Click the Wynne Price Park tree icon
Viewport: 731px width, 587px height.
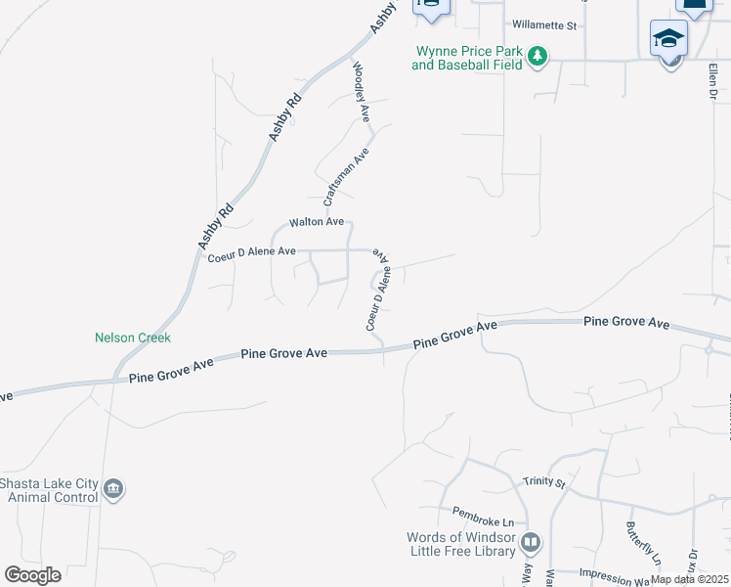[537, 58]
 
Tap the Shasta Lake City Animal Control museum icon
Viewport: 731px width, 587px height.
[113, 489]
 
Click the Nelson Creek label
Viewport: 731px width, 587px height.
[133, 338]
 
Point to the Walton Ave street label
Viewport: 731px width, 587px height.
[317, 223]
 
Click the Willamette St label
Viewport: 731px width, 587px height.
[544, 25]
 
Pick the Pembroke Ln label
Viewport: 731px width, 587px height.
[481, 514]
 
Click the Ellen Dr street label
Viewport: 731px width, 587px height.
[712, 81]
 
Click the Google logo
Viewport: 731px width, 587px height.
[32, 575]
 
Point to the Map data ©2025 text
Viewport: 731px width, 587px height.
[688, 579]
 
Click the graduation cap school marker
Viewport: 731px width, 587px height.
[669, 39]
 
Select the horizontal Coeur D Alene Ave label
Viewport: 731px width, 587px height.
[252, 252]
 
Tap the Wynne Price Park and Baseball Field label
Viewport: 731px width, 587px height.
[469, 58]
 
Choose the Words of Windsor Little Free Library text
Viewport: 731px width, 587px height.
[461, 544]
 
